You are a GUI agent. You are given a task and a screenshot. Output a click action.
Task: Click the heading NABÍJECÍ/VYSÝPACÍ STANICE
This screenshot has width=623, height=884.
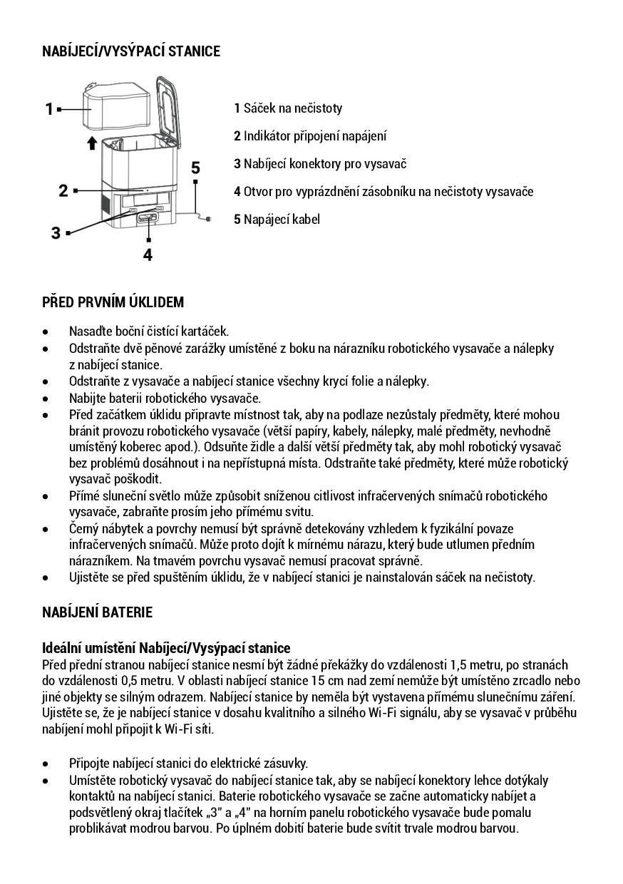coord(131,51)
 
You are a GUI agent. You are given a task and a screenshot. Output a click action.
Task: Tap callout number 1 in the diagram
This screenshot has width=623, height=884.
coord(49,109)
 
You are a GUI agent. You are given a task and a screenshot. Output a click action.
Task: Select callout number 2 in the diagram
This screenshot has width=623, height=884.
coord(63,190)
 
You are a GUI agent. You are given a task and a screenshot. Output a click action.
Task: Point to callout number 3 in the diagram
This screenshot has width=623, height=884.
coord(56,232)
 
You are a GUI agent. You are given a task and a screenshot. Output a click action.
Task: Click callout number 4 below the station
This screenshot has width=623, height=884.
coord(148,254)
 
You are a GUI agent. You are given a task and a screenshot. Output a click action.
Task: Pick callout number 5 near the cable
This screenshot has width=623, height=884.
coord(195,168)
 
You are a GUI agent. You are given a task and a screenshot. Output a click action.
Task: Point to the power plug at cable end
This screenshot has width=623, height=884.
coord(207,219)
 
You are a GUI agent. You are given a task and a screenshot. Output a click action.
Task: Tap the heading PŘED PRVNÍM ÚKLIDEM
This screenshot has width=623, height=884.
coord(113,302)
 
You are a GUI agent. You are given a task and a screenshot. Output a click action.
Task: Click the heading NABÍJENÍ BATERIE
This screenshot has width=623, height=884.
coord(97,612)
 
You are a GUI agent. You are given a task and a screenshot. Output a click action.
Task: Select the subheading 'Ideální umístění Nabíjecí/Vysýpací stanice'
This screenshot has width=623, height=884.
coord(167,648)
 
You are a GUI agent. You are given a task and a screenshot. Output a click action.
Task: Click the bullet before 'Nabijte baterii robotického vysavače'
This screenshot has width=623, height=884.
coord(46,398)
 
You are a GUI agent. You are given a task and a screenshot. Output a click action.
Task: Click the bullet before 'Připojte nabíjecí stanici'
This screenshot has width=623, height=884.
coord(46,764)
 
